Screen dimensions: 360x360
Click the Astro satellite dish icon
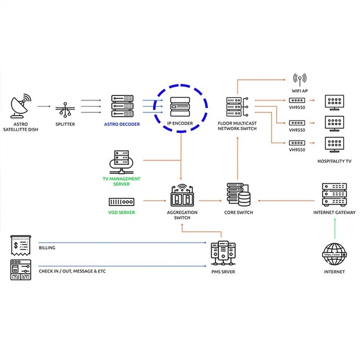(21, 106)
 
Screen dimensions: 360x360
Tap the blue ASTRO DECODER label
(122, 124)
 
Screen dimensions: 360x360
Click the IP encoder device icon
(180, 107)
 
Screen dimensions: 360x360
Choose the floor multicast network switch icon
(237, 107)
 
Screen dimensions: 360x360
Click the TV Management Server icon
(121, 162)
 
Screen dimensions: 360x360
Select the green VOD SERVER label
(121, 213)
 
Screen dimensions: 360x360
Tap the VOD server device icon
(121, 202)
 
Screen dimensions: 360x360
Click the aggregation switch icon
(182, 195)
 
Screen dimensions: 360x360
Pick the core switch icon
(239, 195)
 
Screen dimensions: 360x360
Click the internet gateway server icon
(334, 195)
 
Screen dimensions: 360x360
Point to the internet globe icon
(334, 254)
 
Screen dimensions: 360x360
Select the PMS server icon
(223, 253)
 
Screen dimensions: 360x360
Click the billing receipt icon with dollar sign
(21, 246)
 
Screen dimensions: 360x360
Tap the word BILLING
(47, 248)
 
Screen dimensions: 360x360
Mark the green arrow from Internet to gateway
(335, 229)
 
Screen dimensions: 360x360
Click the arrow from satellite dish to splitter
(44, 107)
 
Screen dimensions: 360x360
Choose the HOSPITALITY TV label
(334, 161)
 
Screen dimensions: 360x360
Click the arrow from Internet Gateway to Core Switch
(287, 201)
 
